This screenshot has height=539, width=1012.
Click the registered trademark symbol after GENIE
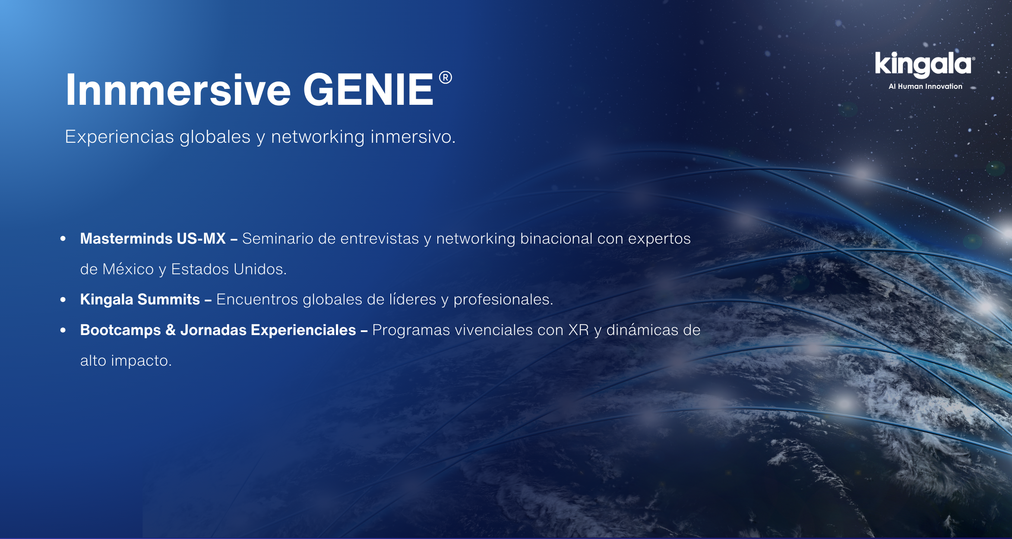(446, 78)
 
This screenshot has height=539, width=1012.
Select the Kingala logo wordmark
(924, 65)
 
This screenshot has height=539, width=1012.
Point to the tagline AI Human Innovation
(925, 86)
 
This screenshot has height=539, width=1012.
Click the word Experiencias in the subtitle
(120, 137)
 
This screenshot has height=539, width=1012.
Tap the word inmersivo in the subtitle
(413, 137)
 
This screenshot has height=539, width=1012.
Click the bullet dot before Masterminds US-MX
(63, 238)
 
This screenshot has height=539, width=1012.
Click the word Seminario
(278, 238)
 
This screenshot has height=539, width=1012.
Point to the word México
(128, 269)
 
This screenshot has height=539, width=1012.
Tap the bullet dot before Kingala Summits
(63, 299)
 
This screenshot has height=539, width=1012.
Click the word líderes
(413, 299)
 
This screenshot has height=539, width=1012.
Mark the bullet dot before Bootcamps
(63, 330)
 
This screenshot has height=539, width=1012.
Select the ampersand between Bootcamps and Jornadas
(171, 330)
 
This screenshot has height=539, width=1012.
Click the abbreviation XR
(579, 330)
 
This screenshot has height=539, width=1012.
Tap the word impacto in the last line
(141, 360)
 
